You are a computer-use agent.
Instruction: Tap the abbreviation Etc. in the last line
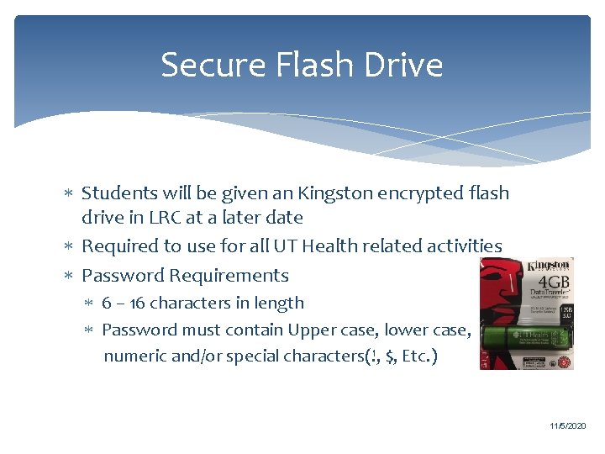(418, 356)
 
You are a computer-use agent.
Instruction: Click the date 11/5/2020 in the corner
(567, 426)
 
